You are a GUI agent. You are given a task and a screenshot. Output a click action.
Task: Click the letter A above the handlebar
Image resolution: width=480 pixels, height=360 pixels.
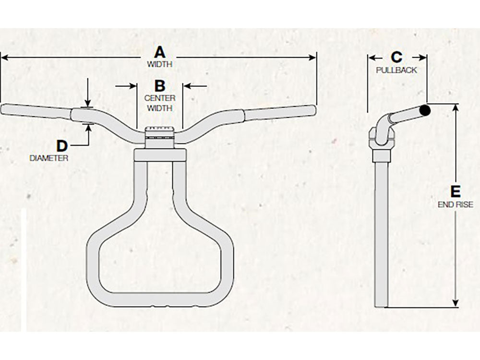(159, 52)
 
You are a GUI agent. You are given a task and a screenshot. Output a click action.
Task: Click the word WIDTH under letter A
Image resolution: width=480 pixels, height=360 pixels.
(159, 64)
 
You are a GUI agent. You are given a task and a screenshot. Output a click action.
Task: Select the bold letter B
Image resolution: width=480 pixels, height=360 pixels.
(160, 86)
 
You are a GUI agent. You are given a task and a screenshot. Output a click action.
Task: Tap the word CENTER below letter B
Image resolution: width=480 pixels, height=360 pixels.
(160, 98)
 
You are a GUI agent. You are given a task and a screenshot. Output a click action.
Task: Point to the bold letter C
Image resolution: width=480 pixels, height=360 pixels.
(396, 57)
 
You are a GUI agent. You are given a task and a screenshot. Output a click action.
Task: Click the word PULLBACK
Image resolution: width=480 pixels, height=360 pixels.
(396, 70)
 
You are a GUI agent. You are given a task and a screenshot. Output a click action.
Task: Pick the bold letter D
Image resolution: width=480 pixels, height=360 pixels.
(62, 146)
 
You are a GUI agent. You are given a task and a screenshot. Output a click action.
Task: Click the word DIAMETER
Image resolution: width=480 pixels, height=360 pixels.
(48, 158)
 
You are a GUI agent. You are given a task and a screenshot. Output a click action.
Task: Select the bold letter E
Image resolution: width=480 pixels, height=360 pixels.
(456, 192)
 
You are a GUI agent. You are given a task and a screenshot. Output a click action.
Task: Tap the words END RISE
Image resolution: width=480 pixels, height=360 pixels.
(456, 204)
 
